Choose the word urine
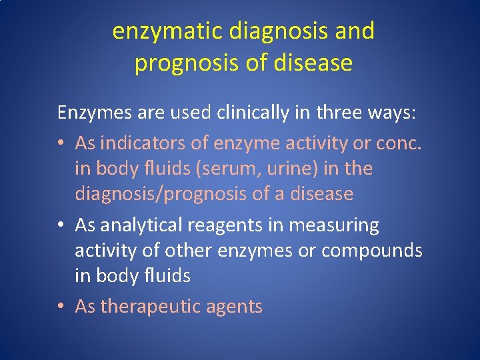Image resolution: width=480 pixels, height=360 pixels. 294,169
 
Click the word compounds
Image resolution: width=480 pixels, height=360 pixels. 372,251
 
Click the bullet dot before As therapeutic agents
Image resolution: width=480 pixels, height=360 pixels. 61,307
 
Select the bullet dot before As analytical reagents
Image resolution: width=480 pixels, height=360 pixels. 61,226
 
